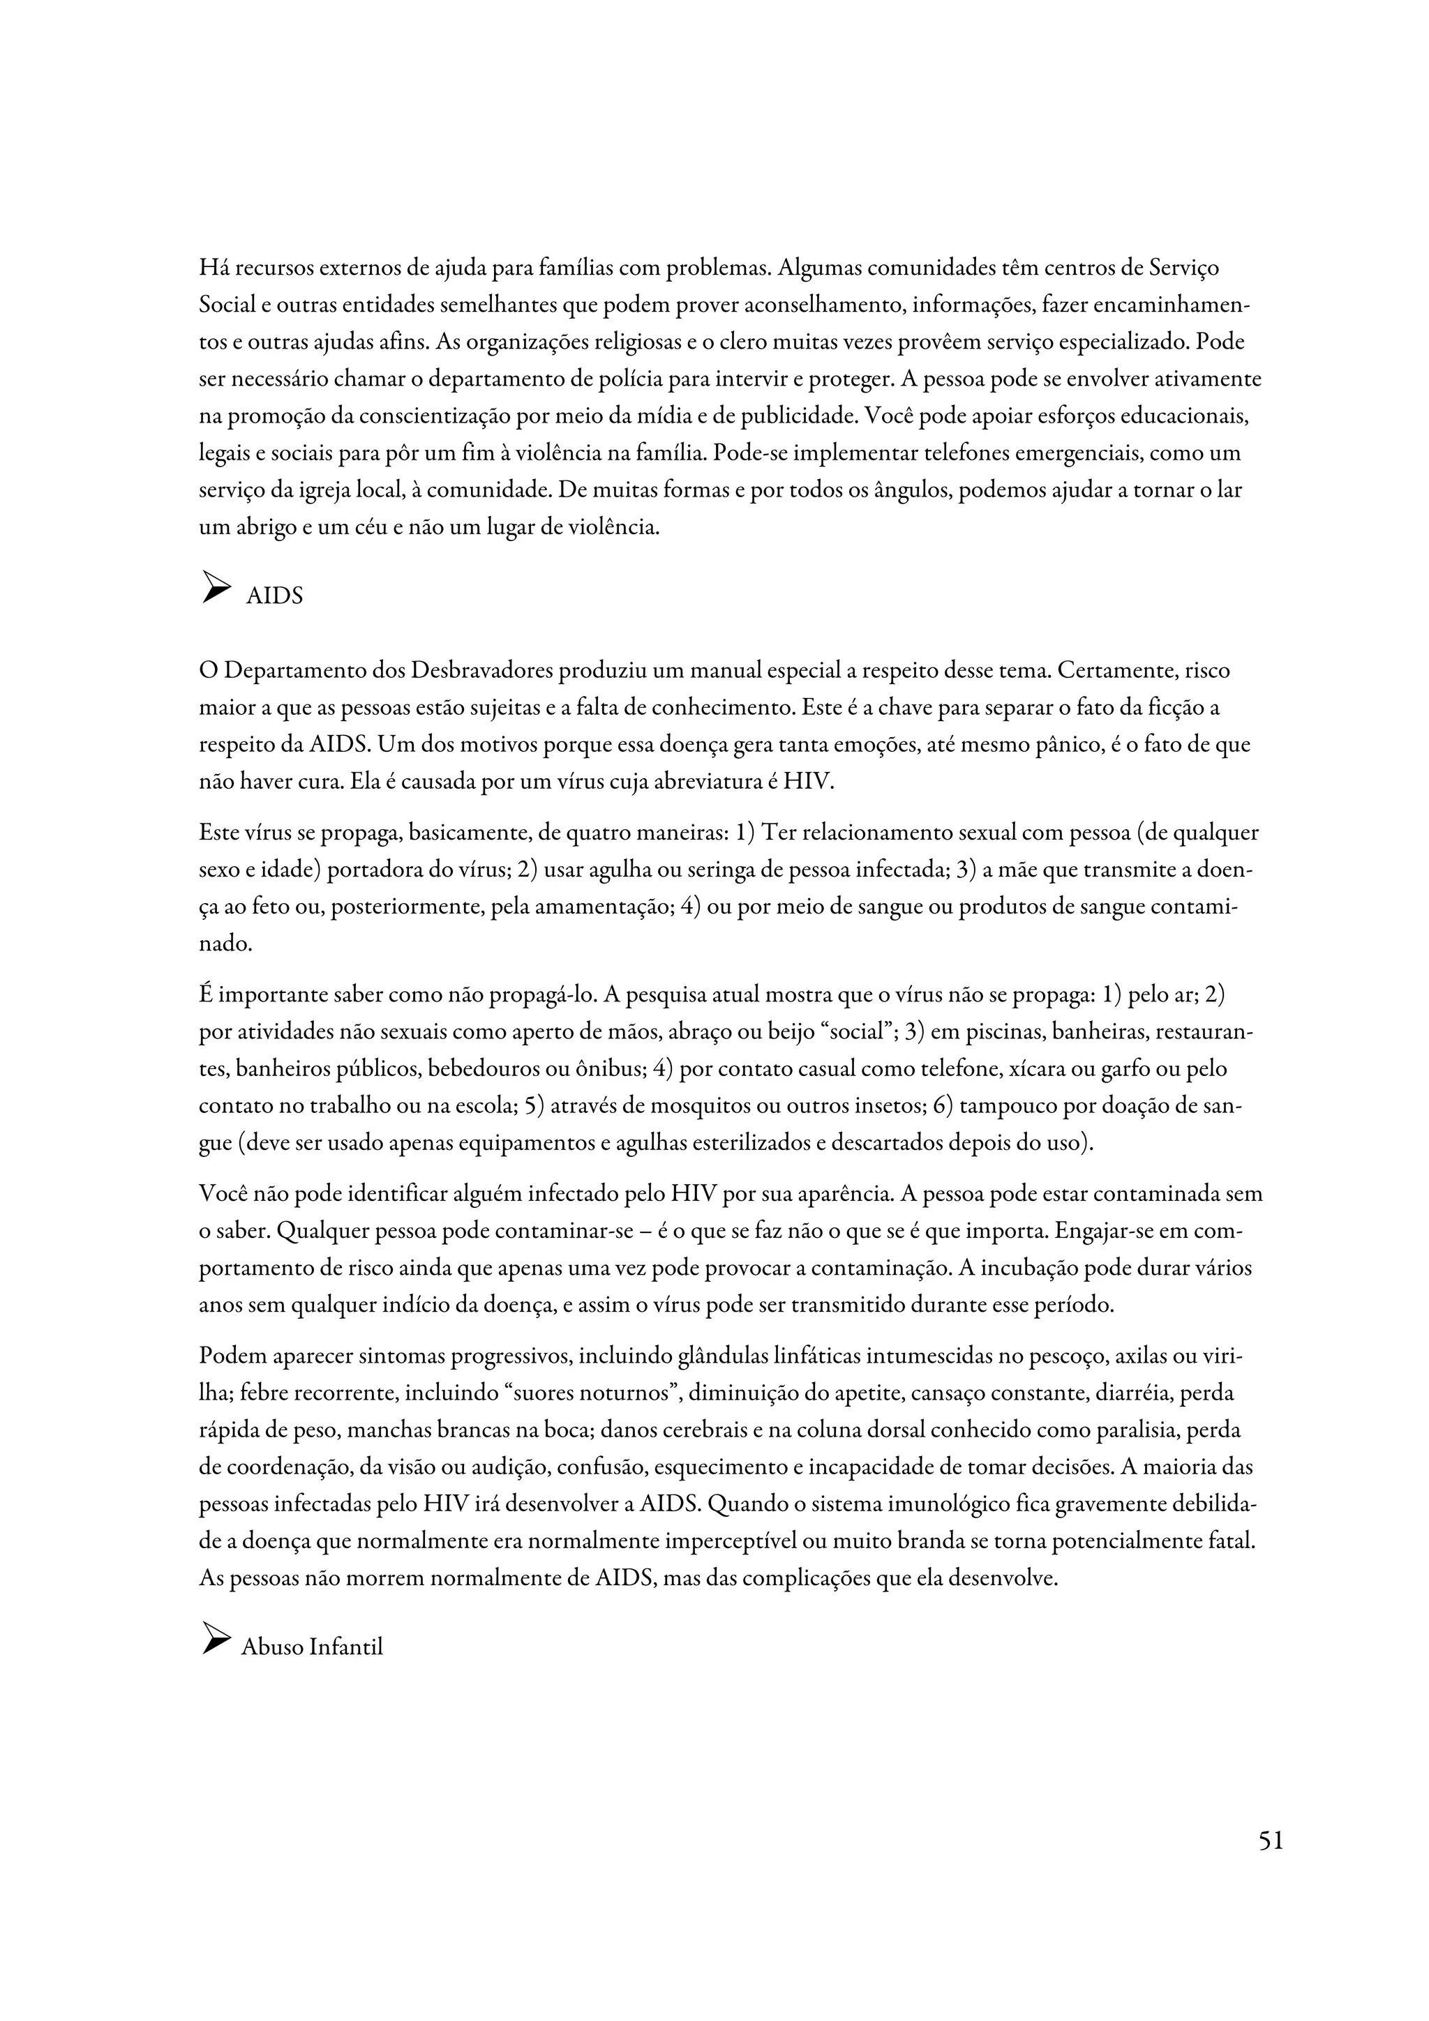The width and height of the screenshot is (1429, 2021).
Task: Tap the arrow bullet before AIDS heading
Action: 216,587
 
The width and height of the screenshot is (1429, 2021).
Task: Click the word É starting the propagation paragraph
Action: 206,994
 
